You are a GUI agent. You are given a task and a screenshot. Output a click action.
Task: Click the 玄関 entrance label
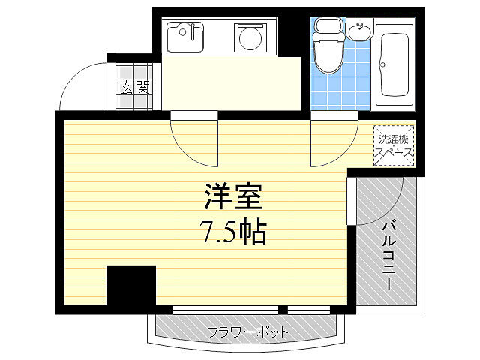133,87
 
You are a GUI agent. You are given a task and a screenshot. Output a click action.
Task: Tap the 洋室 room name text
232,199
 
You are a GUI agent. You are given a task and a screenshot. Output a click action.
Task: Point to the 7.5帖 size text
232,233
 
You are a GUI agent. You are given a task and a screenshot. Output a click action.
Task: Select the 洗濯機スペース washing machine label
393,145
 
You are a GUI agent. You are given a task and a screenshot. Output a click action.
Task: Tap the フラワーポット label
247,331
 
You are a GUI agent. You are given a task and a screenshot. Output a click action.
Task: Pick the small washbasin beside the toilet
359,33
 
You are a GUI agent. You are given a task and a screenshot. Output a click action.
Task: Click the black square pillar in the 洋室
130,286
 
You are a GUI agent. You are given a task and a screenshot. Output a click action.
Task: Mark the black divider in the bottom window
283,308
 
